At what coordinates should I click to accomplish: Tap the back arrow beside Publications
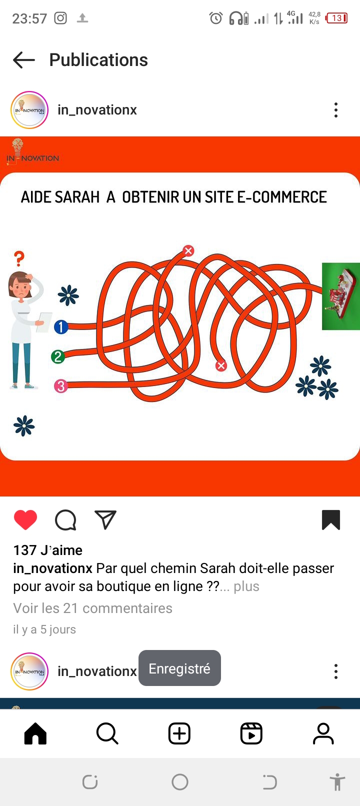[x=24, y=59]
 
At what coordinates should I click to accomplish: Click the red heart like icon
[x=25, y=520]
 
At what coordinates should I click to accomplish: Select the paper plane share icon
[x=105, y=519]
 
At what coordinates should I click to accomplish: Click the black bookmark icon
[x=331, y=520]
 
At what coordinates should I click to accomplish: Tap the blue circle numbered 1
[x=61, y=327]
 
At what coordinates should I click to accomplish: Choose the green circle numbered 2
[x=58, y=357]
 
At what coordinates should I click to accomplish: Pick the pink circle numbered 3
[x=61, y=386]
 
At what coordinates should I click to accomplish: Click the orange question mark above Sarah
[x=19, y=258]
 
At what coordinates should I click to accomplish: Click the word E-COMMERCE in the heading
[x=281, y=197]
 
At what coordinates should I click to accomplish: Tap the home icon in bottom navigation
[x=35, y=733]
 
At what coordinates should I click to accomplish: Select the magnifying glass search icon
[x=107, y=733]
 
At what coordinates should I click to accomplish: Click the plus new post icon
[x=179, y=733]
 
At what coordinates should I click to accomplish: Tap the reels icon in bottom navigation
[x=251, y=733]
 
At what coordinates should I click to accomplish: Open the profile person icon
[x=323, y=733]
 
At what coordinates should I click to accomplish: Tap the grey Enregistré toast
[x=179, y=668]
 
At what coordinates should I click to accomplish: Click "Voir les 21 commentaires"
[x=93, y=608]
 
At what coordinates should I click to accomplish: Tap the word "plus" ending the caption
[x=246, y=586]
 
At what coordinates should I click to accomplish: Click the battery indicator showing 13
[x=336, y=18]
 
